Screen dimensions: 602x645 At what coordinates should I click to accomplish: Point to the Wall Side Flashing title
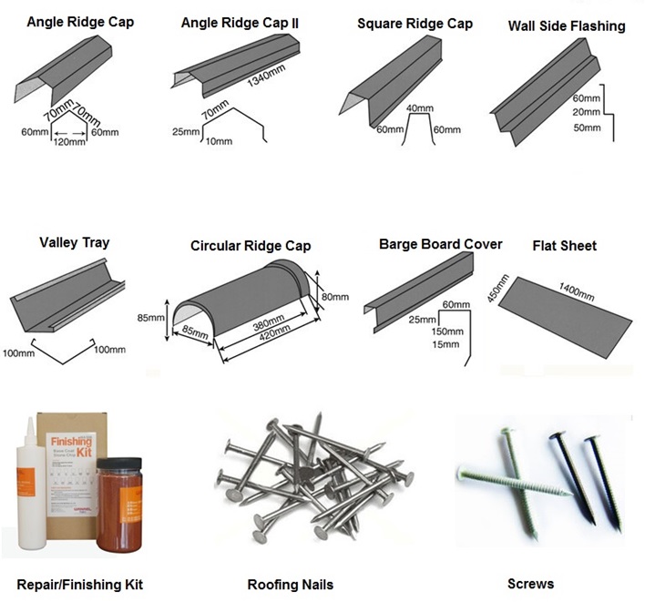pyautogui.click(x=566, y=26)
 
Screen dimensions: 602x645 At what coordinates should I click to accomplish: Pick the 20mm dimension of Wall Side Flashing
pyautogui.click(x=587, y=112)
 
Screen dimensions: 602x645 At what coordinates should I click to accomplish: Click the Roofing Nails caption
pyautogui.click(x=290, y=584)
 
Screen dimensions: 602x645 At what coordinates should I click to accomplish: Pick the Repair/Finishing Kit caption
pyautogui.click(x=79, y=584)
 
